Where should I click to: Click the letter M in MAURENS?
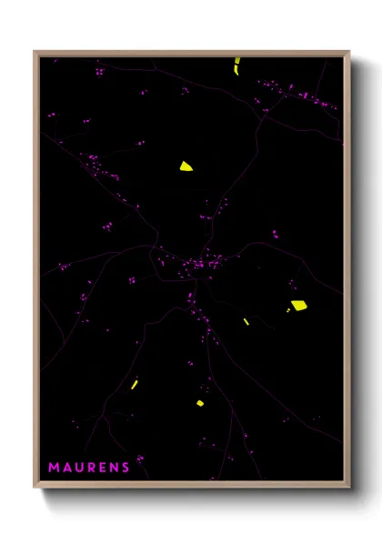(x=54, y=468)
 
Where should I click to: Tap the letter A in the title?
(x=66, y=468)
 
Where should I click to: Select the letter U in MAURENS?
(x=79, y=468)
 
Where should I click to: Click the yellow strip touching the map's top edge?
(x=236, y=66)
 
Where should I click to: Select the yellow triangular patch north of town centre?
(x=186, y=166)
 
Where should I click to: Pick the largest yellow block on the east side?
(x=298, y=306)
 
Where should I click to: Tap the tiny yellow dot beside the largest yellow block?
(x=288, y=311)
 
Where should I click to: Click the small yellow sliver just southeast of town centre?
(x=246, y=321)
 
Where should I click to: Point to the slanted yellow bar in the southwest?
(x=134, y=385)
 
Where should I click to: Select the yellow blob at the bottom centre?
(x=200, y=403)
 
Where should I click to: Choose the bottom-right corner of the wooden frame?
(x=348, y=488)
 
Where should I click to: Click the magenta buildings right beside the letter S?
(x=139, y=459)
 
